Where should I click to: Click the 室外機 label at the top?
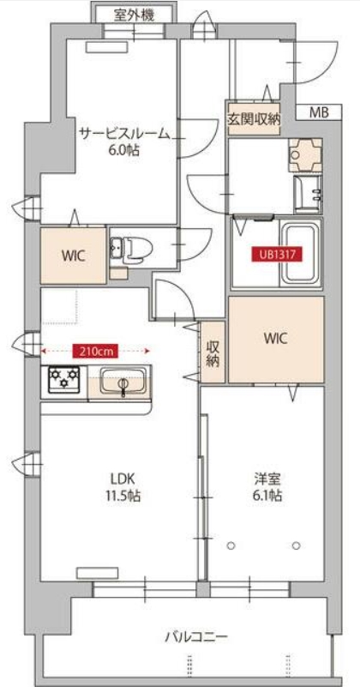(134, 15)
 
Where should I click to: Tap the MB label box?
(318, 112)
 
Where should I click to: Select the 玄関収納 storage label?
(254, 118)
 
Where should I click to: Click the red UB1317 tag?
(276, 255)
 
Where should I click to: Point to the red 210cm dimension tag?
(96, 351)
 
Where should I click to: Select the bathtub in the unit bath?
(300, 253)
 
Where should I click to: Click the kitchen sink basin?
(123, 381)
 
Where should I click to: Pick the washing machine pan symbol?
(305, 155)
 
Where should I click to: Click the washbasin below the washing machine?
(309, 195)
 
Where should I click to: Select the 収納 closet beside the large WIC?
(213, 353)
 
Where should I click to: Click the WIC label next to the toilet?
(73, 256)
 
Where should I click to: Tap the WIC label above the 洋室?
(276, 338)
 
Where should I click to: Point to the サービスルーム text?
(124, 134)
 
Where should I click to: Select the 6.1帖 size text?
(267, 496)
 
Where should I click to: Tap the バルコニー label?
(196, 636)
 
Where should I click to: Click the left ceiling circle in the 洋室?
(231, 545)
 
